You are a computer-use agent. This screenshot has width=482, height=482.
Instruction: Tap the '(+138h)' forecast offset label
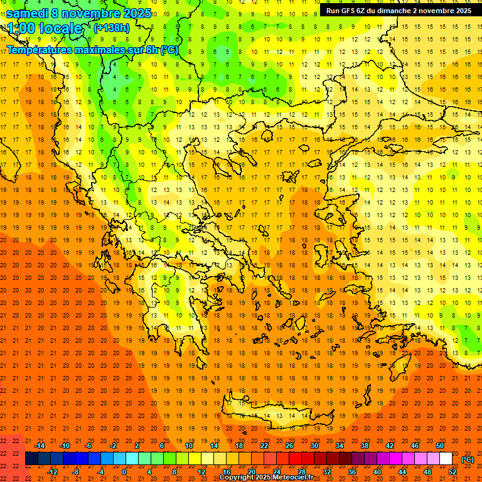click(111, 28)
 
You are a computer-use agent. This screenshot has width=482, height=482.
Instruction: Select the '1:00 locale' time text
click(45, 28)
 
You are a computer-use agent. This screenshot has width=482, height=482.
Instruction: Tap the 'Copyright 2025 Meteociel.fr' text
click(266, 478)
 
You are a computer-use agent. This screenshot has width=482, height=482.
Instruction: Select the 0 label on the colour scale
click(124, 472)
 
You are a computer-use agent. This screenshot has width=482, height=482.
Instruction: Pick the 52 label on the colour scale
click(453, 472)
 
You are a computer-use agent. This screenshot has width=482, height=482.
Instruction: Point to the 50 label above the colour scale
click(440, 446)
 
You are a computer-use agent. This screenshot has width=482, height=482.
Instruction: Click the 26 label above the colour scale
click(289, 446)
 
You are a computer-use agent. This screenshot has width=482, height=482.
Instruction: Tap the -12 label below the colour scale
click(53, 472)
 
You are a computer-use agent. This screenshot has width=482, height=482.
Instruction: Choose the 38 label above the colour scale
click(365, 446)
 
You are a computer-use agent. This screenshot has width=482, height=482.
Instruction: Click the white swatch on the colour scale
click(446, 459)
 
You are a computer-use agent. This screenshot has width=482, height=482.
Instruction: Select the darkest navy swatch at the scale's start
click(31, 459)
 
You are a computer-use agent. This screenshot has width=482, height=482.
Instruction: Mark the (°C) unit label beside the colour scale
click(468, 459)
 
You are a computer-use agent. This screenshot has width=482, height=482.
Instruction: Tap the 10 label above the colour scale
click(189, 446)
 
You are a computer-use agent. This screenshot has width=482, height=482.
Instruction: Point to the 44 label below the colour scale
click(402, 472)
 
